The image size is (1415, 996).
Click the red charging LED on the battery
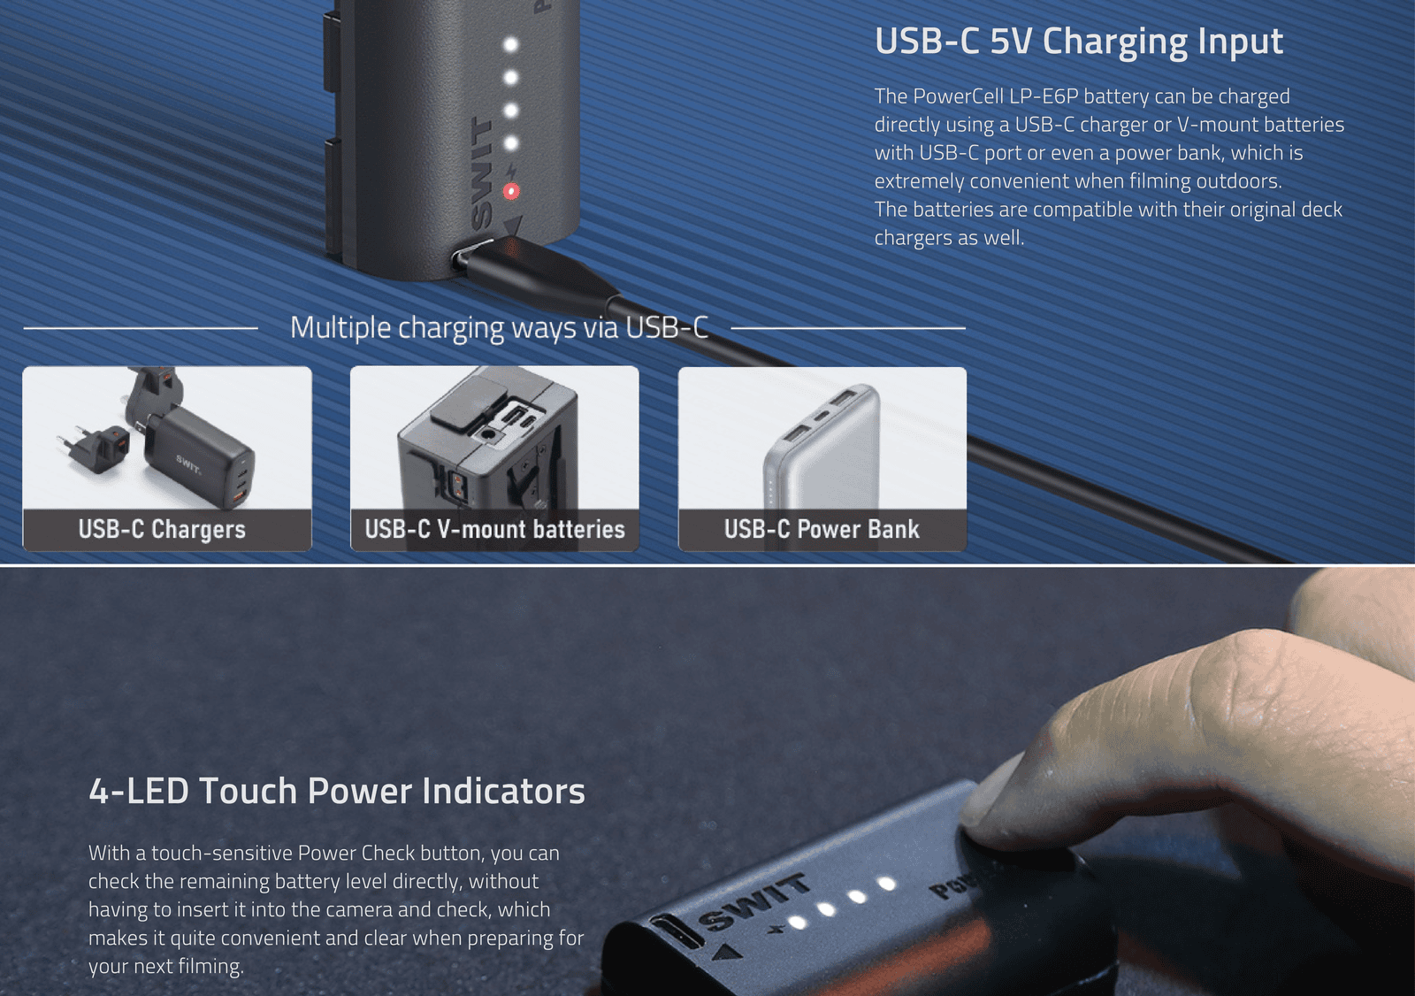(511, 191)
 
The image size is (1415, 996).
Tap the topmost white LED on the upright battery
(510, 44)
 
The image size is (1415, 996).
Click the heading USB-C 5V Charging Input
(1078, 42)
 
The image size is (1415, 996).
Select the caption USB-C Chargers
(162, 529)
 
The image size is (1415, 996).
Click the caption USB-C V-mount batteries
(494, 529)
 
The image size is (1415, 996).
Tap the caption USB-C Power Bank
(822, 529)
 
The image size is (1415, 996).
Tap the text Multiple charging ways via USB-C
(499, 327)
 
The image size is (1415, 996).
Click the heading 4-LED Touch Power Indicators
(337, 791)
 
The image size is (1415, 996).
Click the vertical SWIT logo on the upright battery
(481, 172)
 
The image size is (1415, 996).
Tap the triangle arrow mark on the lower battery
(727, 954)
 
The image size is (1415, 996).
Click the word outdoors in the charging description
(1238, 180)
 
